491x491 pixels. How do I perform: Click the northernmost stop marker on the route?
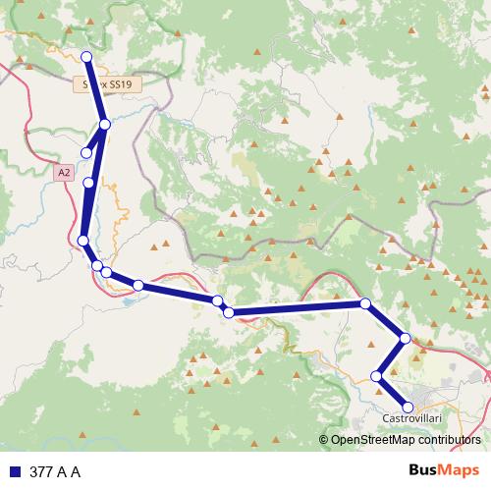pyautogui.click(x=86, y=56)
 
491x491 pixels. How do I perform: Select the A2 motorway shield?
pyautogui.click(x=64, y=172)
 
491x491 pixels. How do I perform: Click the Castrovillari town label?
pyautogui.click(x=410, y=418)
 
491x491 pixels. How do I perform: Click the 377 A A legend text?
pyautogui.click(x=55, y=472)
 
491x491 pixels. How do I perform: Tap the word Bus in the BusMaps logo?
pyautogui.click(x=423, y=471)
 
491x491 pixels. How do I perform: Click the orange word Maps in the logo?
pyautogui.click(x=461, y=471)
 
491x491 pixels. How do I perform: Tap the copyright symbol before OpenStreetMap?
pyautogui.click(x=323, y=440)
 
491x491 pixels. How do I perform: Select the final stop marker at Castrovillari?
pyautogui.click(x=408, y=406)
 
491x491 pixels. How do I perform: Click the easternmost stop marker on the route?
pyautogui.click(x=406, y=338)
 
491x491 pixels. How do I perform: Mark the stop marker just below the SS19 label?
pyautogui.click(x=104, y=125)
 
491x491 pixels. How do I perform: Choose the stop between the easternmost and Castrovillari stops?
pyautogui.click(x=377, y=375)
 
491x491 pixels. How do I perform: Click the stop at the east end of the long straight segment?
pyautogui.click(x=364, y=303)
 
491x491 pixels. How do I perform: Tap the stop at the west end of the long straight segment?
pyautogui.click(x=229, y=312)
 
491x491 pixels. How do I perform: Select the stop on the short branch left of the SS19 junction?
pyautogui.click(x=86, y=152)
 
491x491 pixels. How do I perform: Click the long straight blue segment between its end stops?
pyautogui.click(x=295, y=308)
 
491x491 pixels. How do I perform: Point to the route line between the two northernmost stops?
pyautogui.click(x=95, y=90)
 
